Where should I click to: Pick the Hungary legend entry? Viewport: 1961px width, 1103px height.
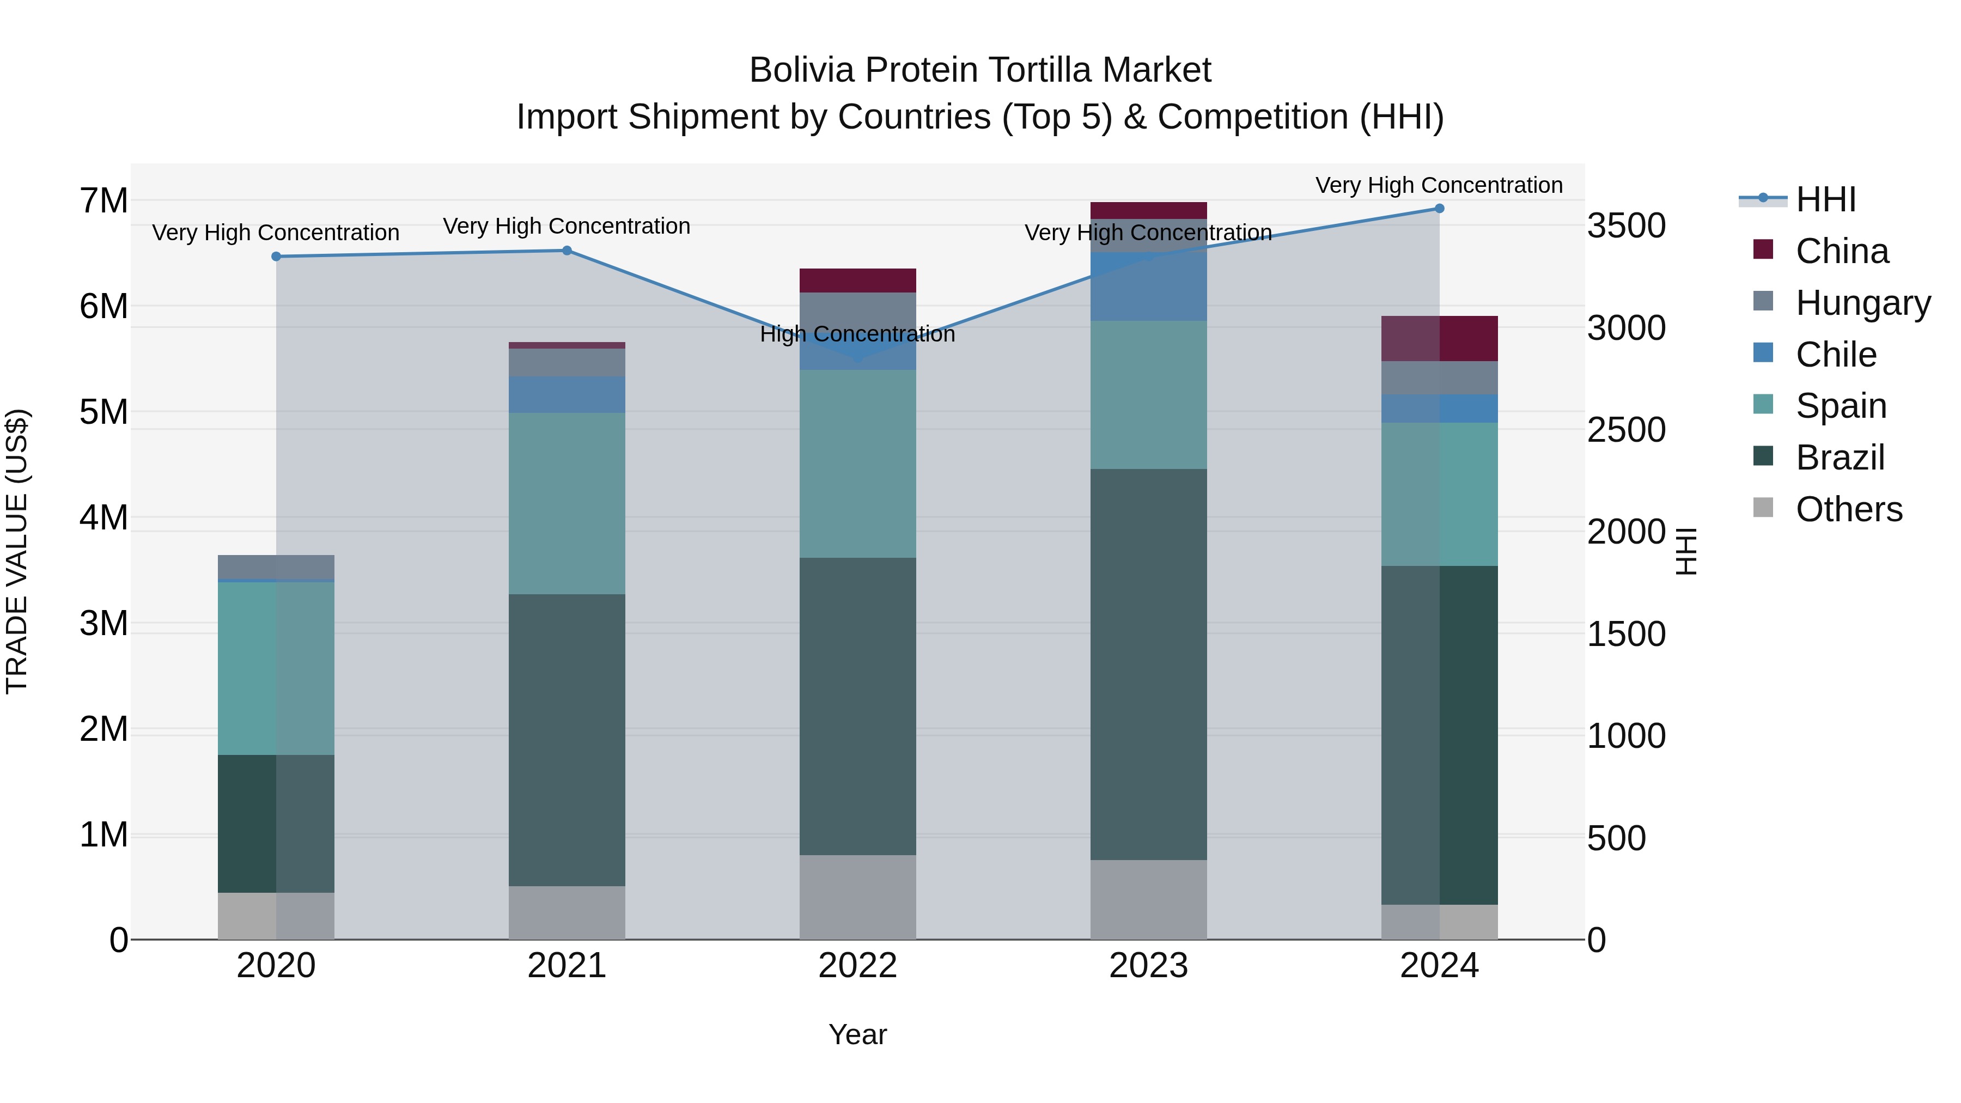(x=1862, y=303)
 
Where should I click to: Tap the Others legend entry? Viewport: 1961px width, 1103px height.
(x=1848, y=509)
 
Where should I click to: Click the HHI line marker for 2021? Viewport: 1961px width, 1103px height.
(x=567, y=251)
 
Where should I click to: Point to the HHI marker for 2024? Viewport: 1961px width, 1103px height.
(x=1439, y=209)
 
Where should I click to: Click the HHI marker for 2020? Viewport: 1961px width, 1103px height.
(x=276, y=257)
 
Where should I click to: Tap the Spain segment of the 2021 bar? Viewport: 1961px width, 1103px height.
(x=567, y=503)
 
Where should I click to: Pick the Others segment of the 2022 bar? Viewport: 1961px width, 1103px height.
(x=857, y=897)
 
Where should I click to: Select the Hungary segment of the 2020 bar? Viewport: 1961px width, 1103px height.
(x=276, y=567)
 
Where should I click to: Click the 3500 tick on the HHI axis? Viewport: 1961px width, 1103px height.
(x=1626, y=226)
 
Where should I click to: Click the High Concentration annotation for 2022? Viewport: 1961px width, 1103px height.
(x=857, y=334)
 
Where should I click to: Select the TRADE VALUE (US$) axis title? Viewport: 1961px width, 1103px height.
(x=17, y=551)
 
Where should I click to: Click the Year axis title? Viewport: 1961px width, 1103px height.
(x=857, y=1034)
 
